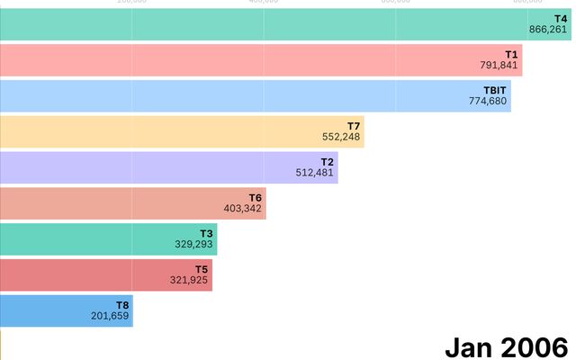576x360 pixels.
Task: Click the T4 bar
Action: click(x=270, y=24)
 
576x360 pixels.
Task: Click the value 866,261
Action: click(x=548, y=30)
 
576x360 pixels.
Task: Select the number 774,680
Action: click(x=489, y=101)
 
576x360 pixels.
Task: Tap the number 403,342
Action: click(x=243, y=209)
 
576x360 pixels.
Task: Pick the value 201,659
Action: click(x=111, y=316)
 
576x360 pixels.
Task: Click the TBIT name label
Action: click(x=496, y=90)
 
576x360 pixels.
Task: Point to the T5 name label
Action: click(x=202, y=269)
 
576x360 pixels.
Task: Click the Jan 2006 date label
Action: click(x=507, y=346)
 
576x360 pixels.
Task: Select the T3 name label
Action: click(x=206, y=233)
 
